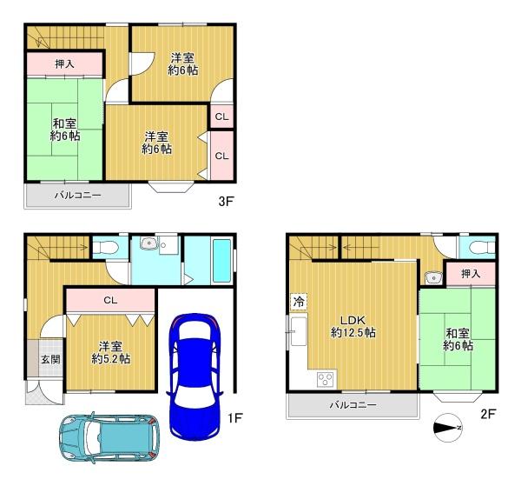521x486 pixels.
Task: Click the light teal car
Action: coord(109,437)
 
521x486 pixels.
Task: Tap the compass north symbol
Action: coord(448,428)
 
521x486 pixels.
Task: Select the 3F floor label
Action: coord(226,201)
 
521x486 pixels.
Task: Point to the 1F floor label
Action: coord(235,418)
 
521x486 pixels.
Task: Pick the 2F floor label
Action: coord(488,414)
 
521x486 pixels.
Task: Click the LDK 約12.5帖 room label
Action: coord(353,326)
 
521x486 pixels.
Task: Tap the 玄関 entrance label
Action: coord(50,359)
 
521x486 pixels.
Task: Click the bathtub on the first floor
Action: coord(221,261)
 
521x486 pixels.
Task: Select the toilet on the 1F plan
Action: coord(105,248)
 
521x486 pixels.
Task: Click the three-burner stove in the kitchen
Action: coord(325,379)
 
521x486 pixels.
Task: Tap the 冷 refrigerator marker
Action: coord(299,302)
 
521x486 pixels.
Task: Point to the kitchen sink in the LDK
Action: coord(299,331)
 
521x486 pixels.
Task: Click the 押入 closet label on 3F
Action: coord(64,63)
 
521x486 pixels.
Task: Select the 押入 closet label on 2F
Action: coord(471,274)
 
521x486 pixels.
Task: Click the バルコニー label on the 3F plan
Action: coord(78,195)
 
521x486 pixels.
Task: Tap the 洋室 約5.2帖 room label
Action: coord(110,353)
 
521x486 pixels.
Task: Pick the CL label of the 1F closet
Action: coord(110,300)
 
